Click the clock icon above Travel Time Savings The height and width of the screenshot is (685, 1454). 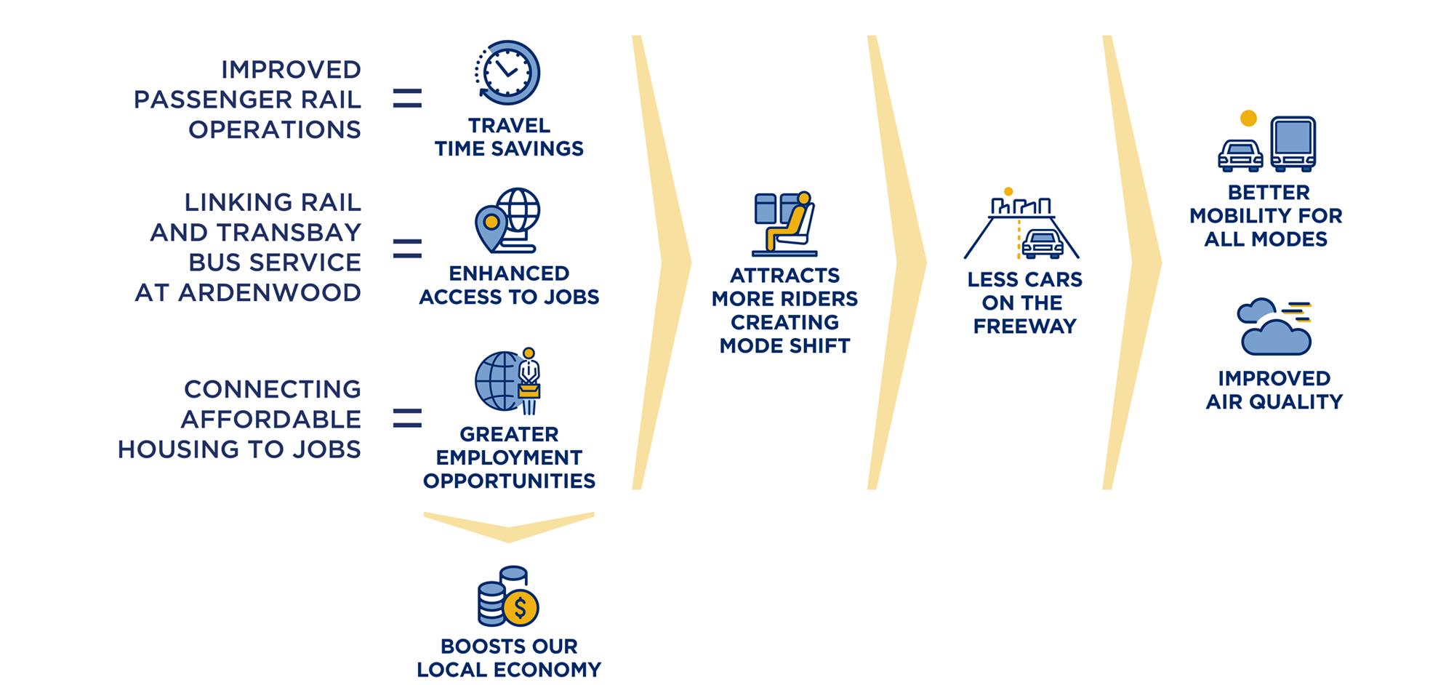pos(507,73)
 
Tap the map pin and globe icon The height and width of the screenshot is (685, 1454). pos(507,220)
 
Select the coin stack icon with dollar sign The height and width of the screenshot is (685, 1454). pos(507,597)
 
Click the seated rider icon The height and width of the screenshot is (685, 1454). pos(785,224)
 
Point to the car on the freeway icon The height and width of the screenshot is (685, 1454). pos(1043,244)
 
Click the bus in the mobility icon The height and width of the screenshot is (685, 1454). pos(1293,144)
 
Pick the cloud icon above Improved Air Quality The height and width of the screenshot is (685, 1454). pos(1274,329)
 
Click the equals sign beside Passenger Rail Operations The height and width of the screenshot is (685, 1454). pos(407,98)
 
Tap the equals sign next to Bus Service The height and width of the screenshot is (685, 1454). pos(407,249)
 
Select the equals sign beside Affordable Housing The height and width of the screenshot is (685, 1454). pos(407,418)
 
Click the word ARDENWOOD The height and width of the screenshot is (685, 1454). pos(270,292)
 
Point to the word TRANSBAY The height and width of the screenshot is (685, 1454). pos(289,232)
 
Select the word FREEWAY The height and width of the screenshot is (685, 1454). pos(1024,326)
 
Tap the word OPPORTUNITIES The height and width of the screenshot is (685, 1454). pos(509,481)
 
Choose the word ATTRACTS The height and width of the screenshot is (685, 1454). pos(784,276)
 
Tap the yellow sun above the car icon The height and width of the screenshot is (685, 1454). pos(1248,118)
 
